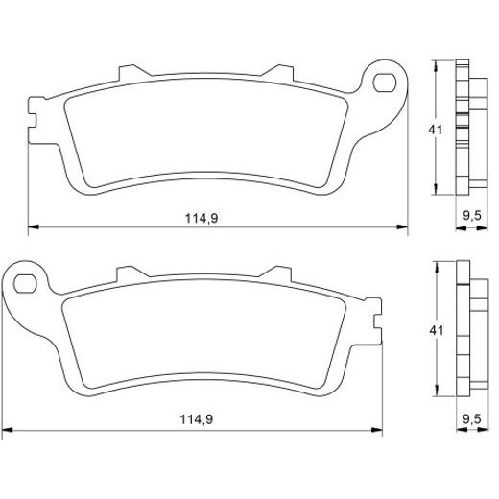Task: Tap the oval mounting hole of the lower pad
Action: (x=28, y=283)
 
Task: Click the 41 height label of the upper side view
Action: (x=435, y=129)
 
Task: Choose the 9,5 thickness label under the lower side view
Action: (x=471, y=419)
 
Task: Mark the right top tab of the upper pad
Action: (x=278, y=73)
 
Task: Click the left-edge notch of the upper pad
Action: (x=35, y=121)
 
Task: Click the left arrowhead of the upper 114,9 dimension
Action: (x=32, y=228)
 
